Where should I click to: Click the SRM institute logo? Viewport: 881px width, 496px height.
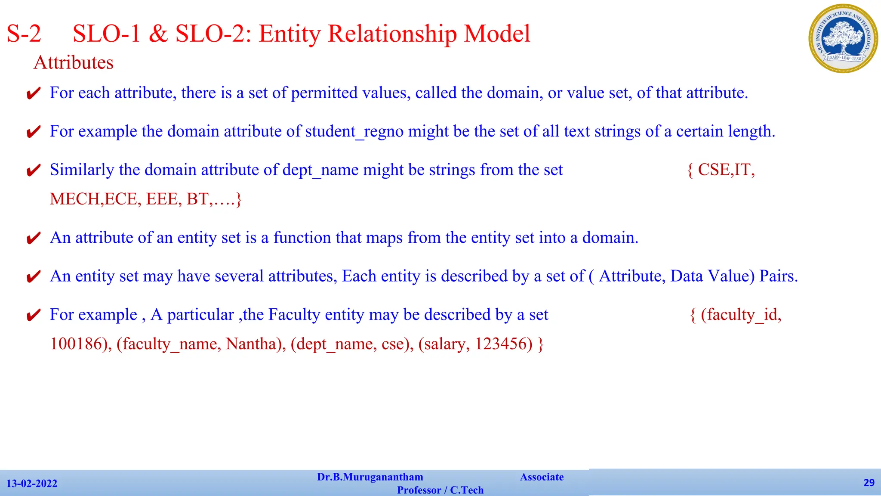tap(843, 38)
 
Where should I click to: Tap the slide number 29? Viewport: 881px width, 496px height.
tap(869, 483)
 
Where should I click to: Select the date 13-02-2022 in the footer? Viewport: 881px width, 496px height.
tap(32, 484)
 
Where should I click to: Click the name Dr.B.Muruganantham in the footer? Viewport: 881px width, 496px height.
tap(370, 477)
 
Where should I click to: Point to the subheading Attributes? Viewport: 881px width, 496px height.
tap(74, 63)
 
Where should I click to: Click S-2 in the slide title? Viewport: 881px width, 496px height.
tap(24, 34)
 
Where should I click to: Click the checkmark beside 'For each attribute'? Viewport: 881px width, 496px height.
tap(34, 93)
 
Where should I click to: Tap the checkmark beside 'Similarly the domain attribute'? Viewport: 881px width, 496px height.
tap(34, 170)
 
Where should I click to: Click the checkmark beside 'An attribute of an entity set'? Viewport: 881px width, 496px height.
tap(34, 238)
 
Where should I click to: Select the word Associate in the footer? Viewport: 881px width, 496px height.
tap(542, 477)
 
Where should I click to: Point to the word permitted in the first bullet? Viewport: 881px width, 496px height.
tap(324, 93)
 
